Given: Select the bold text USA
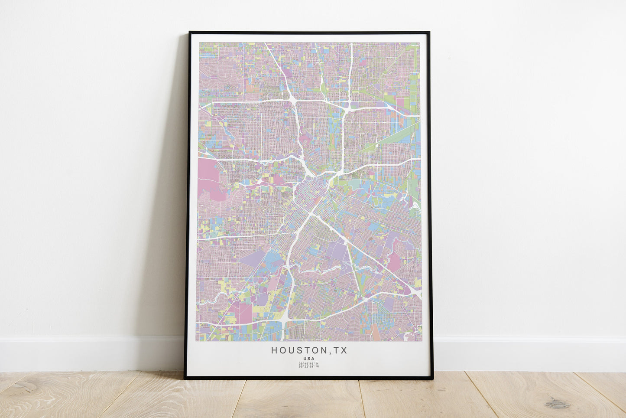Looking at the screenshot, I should point(309,359).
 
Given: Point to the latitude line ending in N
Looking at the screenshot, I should point(309,363).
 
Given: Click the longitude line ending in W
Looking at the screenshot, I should point(309,367).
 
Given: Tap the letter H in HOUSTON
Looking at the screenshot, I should point(274,350).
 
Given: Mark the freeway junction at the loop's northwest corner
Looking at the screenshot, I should point(292,101).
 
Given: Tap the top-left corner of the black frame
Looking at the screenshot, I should point(190,33).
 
